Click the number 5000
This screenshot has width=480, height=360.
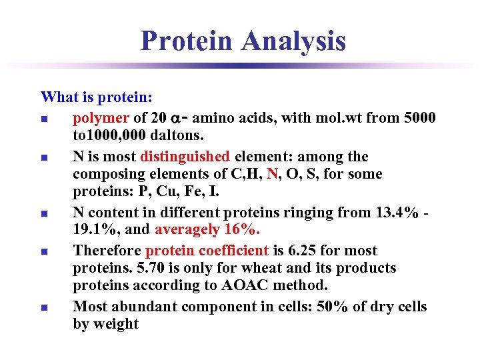click(420, 118)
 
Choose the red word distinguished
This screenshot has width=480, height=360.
click(185, 157)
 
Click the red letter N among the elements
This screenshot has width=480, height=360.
click(272, 174)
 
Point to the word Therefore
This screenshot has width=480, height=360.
click(107, 251)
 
